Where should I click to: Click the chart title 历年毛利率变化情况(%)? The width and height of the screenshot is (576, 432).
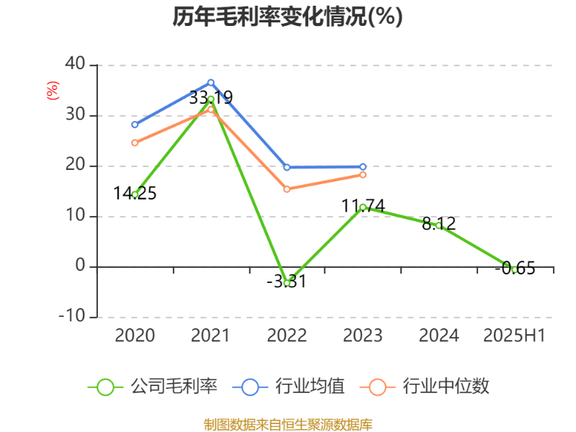click(x=287, y=17)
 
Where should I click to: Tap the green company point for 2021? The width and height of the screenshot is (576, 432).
click(x=211, y=99)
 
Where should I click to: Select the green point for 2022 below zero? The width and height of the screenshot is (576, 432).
click(x=287, y=283)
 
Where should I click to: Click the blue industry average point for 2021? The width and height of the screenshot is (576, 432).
click(x=211, y=82)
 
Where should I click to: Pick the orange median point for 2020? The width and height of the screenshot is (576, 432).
click(x=135, y=143)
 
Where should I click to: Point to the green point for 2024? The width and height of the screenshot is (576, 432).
click(x=438, y=225)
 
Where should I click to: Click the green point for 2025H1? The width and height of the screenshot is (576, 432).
click(x=514, y=269)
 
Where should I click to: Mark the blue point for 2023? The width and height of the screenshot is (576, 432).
click(x=363, y=167)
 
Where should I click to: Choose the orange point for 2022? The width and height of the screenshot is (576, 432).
click(x=287, y=189)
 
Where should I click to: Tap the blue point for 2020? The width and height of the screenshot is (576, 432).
click(x=135, y=125)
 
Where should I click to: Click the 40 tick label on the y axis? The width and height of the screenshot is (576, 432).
click(x=75, y=65)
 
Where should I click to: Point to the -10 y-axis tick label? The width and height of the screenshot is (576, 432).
click(x=71, y=317)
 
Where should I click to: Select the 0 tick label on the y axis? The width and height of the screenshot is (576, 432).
click(x=80, y=266)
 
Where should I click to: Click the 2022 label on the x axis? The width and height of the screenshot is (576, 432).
click(x=287, y=336)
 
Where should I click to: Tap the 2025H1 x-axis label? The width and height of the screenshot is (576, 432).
click(x=514, y=336)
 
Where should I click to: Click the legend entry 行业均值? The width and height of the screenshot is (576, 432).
click(x=289, y=387)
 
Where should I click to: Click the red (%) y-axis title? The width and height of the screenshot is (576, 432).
click(x=52, y=91)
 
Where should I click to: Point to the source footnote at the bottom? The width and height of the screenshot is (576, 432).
click(x=287, y=424)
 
